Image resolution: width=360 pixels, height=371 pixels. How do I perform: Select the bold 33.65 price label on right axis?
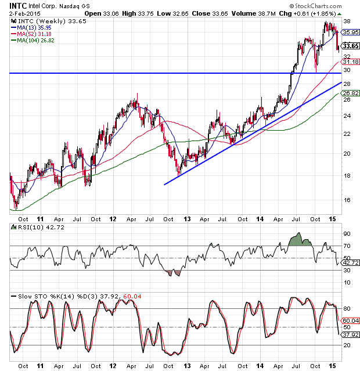pyautogui.click(x=350, y=46)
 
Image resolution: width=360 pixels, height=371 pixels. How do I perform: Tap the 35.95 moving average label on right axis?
pyautogui.click(x=350, y=33)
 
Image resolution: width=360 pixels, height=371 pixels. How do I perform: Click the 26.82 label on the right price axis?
pyautogui.click(x=350, y=93)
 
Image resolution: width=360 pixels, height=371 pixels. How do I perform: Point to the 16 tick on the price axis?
pyautogui.click(x=347, y=200)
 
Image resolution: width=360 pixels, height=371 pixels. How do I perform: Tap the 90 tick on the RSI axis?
pyautogui.click(x=347, y=233)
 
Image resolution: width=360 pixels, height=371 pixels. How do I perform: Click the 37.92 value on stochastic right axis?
pyautogui.click(x=350, y=334)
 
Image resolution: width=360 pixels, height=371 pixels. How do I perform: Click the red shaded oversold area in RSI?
pyautogui.click(x=173, y=273)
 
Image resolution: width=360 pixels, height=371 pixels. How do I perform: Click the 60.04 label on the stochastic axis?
pyautogui.click(x=350, y=320)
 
